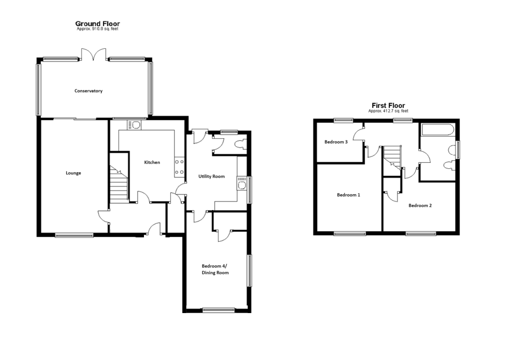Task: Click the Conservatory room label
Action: click(88, 91)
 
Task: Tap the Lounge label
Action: click(73, 173)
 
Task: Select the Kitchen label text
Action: click(152, 162)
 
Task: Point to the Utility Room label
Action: click(211, 176)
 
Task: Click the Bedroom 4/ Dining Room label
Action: click(215, 269)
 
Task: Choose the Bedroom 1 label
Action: click(348, 195)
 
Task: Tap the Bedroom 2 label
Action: click(420, 206)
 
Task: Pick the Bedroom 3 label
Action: click(336, 142)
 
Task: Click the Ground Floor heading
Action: click(97, 23)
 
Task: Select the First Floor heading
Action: click(388, 106)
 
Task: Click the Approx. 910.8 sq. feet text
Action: click(97, 29)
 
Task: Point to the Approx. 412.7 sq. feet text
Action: click(388, 111)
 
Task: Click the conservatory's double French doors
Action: click(94, 55)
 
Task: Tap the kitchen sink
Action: click(134, 125)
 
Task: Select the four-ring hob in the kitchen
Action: click(179, 167)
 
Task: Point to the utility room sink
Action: click(242, 183)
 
